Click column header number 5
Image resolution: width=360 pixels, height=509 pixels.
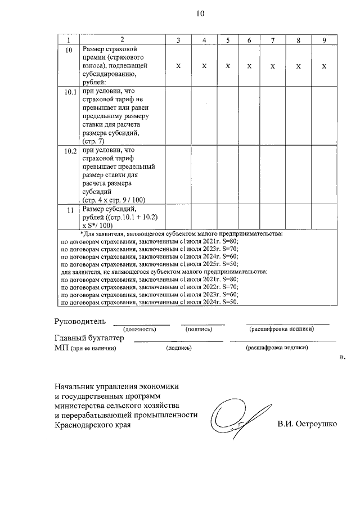tap(228, 40)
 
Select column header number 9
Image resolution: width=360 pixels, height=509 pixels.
tap(325, 40)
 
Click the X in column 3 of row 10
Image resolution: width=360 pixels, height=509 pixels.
tap(178, 66)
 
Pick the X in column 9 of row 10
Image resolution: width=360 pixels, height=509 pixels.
tap(325, 66)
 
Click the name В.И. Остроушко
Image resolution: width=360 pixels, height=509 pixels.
tap(307, 424)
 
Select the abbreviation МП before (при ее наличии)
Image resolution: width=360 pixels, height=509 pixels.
tap(61, 348)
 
